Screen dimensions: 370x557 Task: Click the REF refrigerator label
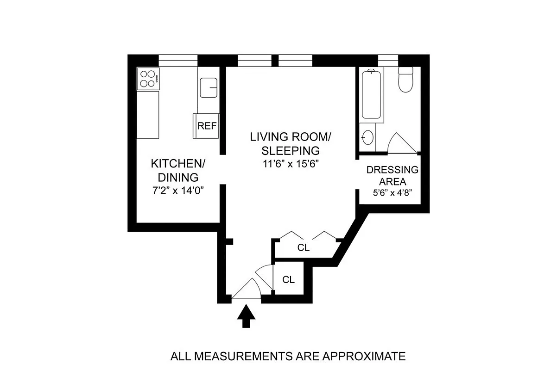207,126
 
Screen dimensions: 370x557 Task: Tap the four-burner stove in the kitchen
148,79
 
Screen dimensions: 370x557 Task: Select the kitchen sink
209,87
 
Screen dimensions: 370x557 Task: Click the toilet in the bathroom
405,80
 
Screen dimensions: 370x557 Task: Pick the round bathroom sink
367,137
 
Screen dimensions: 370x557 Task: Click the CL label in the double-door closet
303,248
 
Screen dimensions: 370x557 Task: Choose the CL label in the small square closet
288,280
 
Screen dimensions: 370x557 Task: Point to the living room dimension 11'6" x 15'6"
290,163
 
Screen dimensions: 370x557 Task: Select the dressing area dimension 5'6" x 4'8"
392,194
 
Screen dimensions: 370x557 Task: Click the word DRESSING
392,170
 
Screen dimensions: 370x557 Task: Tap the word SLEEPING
290,150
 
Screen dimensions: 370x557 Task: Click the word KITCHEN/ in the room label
178,164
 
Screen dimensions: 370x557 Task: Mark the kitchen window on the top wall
178,61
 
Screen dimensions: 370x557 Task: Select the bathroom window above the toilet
388,61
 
